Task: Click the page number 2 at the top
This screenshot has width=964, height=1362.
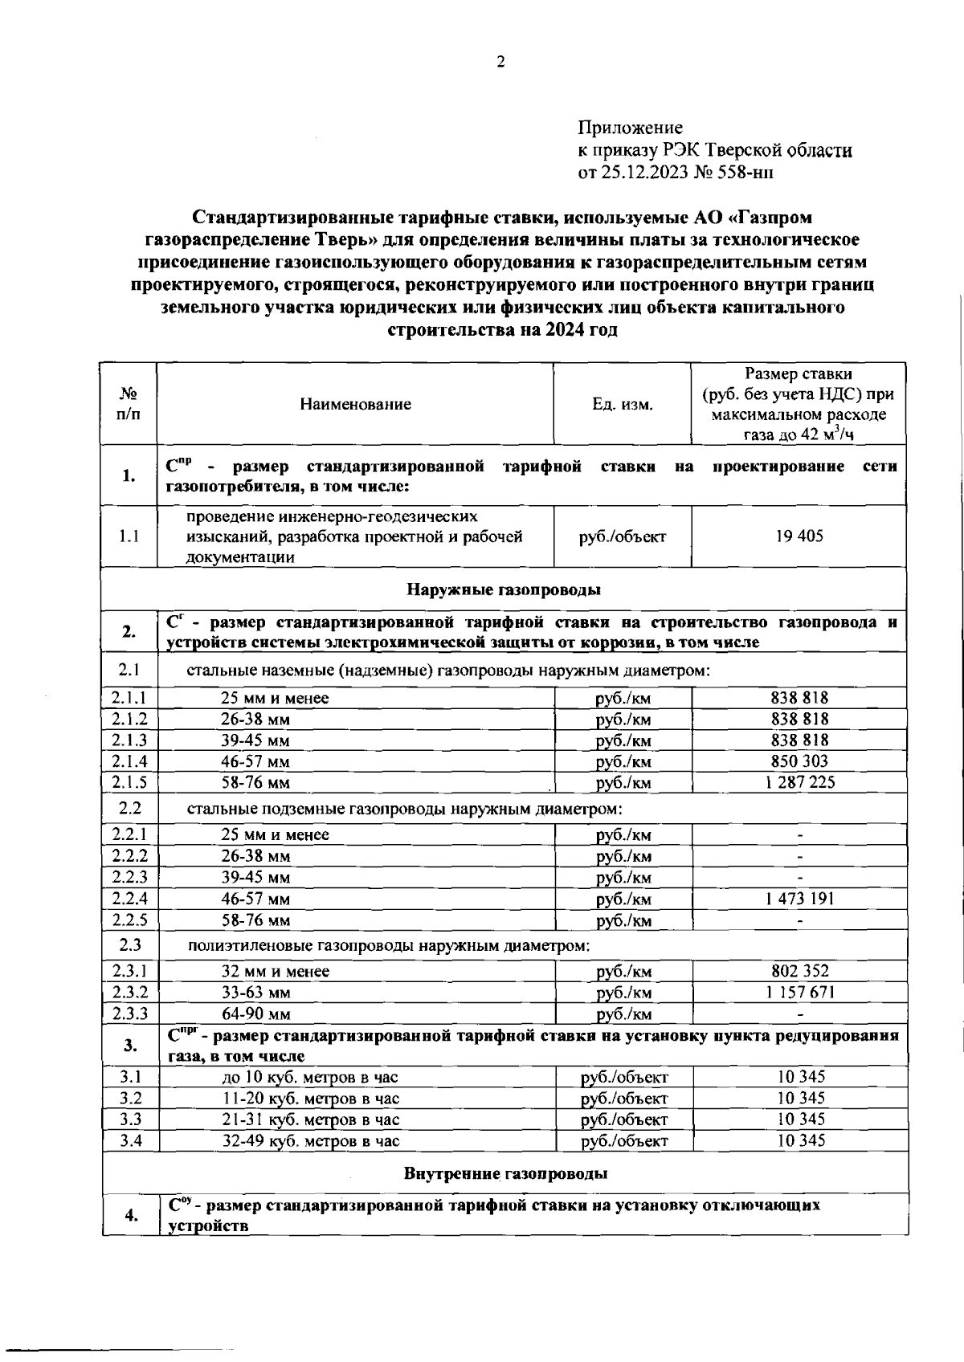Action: click(x=500, y=63)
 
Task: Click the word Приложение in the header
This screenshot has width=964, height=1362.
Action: click(x=630, y=128)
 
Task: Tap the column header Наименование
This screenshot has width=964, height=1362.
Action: click(x=355, y=404)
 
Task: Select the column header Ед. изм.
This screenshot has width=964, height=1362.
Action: click(x=622, y=404)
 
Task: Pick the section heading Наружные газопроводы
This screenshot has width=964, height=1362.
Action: click(x=504, y=590)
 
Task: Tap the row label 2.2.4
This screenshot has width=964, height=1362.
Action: click(x=129, y=899)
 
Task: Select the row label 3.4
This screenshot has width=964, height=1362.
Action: click(x=130, y=1140)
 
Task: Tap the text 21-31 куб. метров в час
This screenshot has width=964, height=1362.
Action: click(x=310, y=1119)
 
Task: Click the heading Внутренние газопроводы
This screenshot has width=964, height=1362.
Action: click(x=504, y=1174)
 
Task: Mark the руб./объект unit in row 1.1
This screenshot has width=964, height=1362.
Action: click(x=622, y=536)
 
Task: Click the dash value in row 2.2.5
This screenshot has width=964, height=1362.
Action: click(x=799, y=920)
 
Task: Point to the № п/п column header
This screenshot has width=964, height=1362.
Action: click(x=129, y=404)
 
